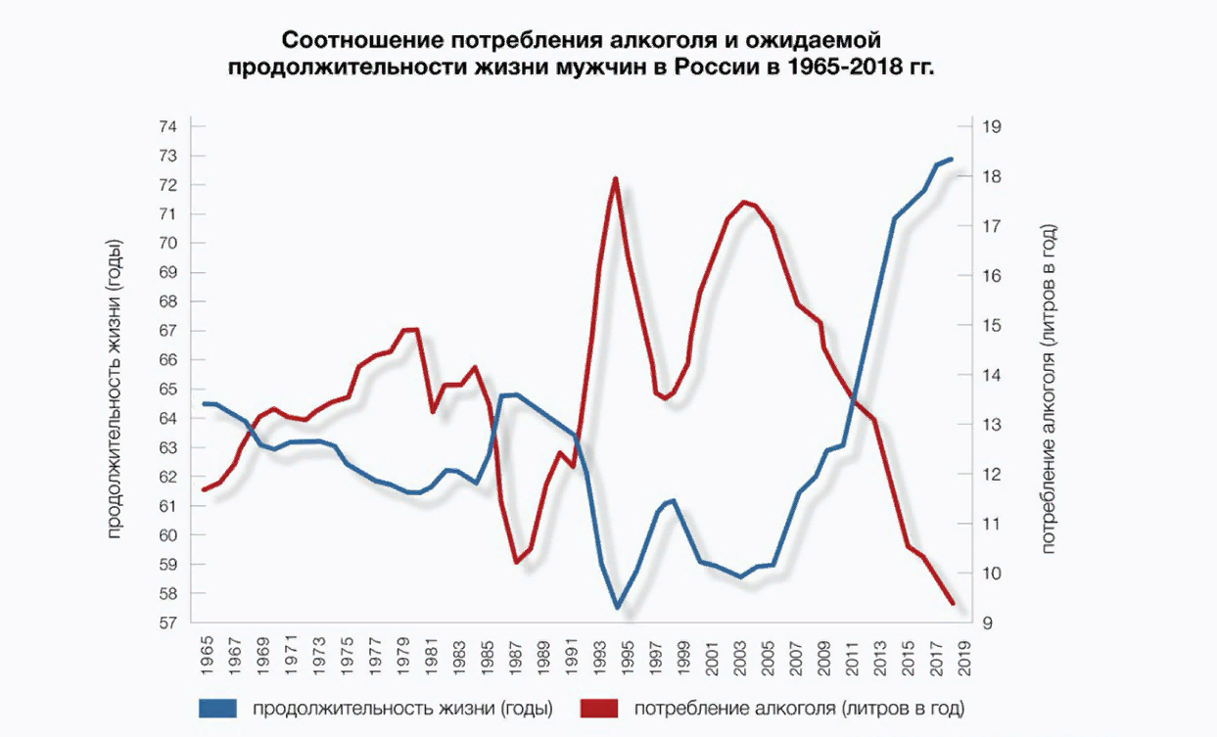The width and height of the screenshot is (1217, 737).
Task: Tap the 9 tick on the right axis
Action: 984,623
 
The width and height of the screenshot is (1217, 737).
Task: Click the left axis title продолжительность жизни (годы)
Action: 114,388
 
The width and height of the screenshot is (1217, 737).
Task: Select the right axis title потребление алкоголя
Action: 1050,388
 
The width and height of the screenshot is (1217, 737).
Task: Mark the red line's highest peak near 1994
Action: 615,178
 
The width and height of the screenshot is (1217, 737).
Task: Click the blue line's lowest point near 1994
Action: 617,608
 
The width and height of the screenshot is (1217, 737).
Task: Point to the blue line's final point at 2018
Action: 952,160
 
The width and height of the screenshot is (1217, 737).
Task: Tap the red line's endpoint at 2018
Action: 953,604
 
